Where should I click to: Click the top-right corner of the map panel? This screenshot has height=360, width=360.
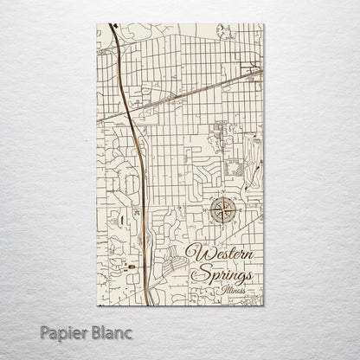pyautogui.click(x=263, y=23)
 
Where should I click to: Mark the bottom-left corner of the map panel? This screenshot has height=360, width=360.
pyautogui.click(x=97, y=305)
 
